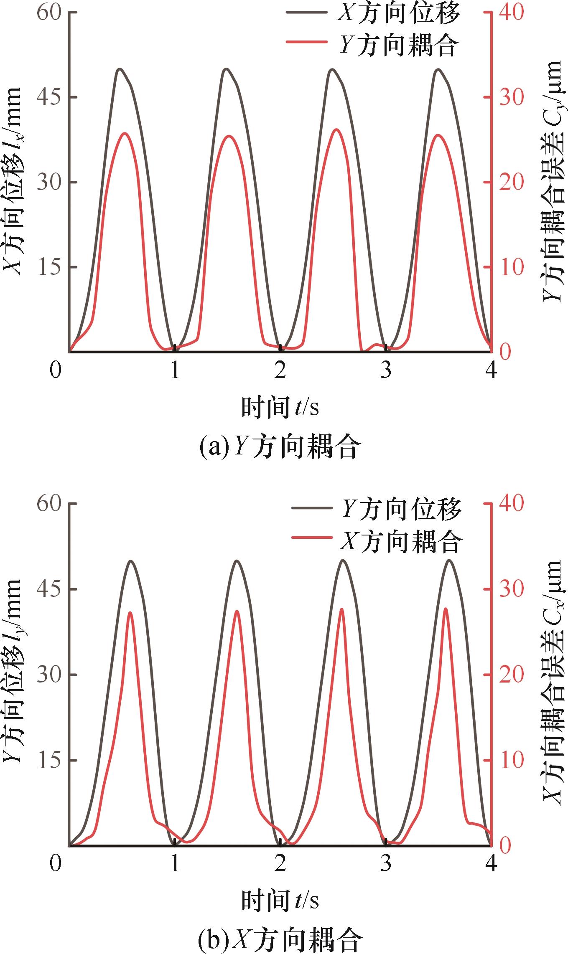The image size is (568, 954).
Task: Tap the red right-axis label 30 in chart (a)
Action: pyautogui.click(x=512, y=97)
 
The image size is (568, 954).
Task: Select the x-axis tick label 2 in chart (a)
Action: pyautogui.click(x=280, y=370)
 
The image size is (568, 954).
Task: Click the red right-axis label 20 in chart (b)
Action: pyautogui.click(x=512, y=675)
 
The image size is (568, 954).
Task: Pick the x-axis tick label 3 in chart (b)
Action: pyautogui.click(x=386, y=862)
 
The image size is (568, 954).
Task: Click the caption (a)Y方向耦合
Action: pyautogui.click(x=279, y=447)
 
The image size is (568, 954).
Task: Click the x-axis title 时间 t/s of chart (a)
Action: pyautogui.click(x=280, y=407)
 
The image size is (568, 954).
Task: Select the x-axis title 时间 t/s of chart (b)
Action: pyautogui.click(x=280, y=900)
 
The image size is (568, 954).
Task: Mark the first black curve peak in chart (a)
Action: pyautogui.click(x=120, y=69)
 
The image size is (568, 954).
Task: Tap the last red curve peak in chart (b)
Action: pyautogui.click(x=446, y=609)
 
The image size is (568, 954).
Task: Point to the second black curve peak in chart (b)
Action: pyautogui.click(x=237, y=561)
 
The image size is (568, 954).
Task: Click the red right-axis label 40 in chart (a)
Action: pyautogui.click(x=512, y=12)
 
